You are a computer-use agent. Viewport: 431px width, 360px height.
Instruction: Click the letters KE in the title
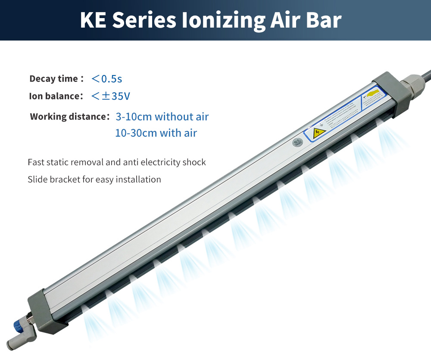coord(94,20)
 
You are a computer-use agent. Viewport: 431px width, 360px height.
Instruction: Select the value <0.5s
coord(107,79)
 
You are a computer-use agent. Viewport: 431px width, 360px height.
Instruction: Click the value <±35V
coord(111,96)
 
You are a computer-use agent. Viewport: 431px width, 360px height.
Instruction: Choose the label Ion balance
coord(56,96)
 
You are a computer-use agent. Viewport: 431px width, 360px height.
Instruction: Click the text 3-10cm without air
coord(162,117)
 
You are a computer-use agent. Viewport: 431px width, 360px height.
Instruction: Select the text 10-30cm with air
coord(156,133)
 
